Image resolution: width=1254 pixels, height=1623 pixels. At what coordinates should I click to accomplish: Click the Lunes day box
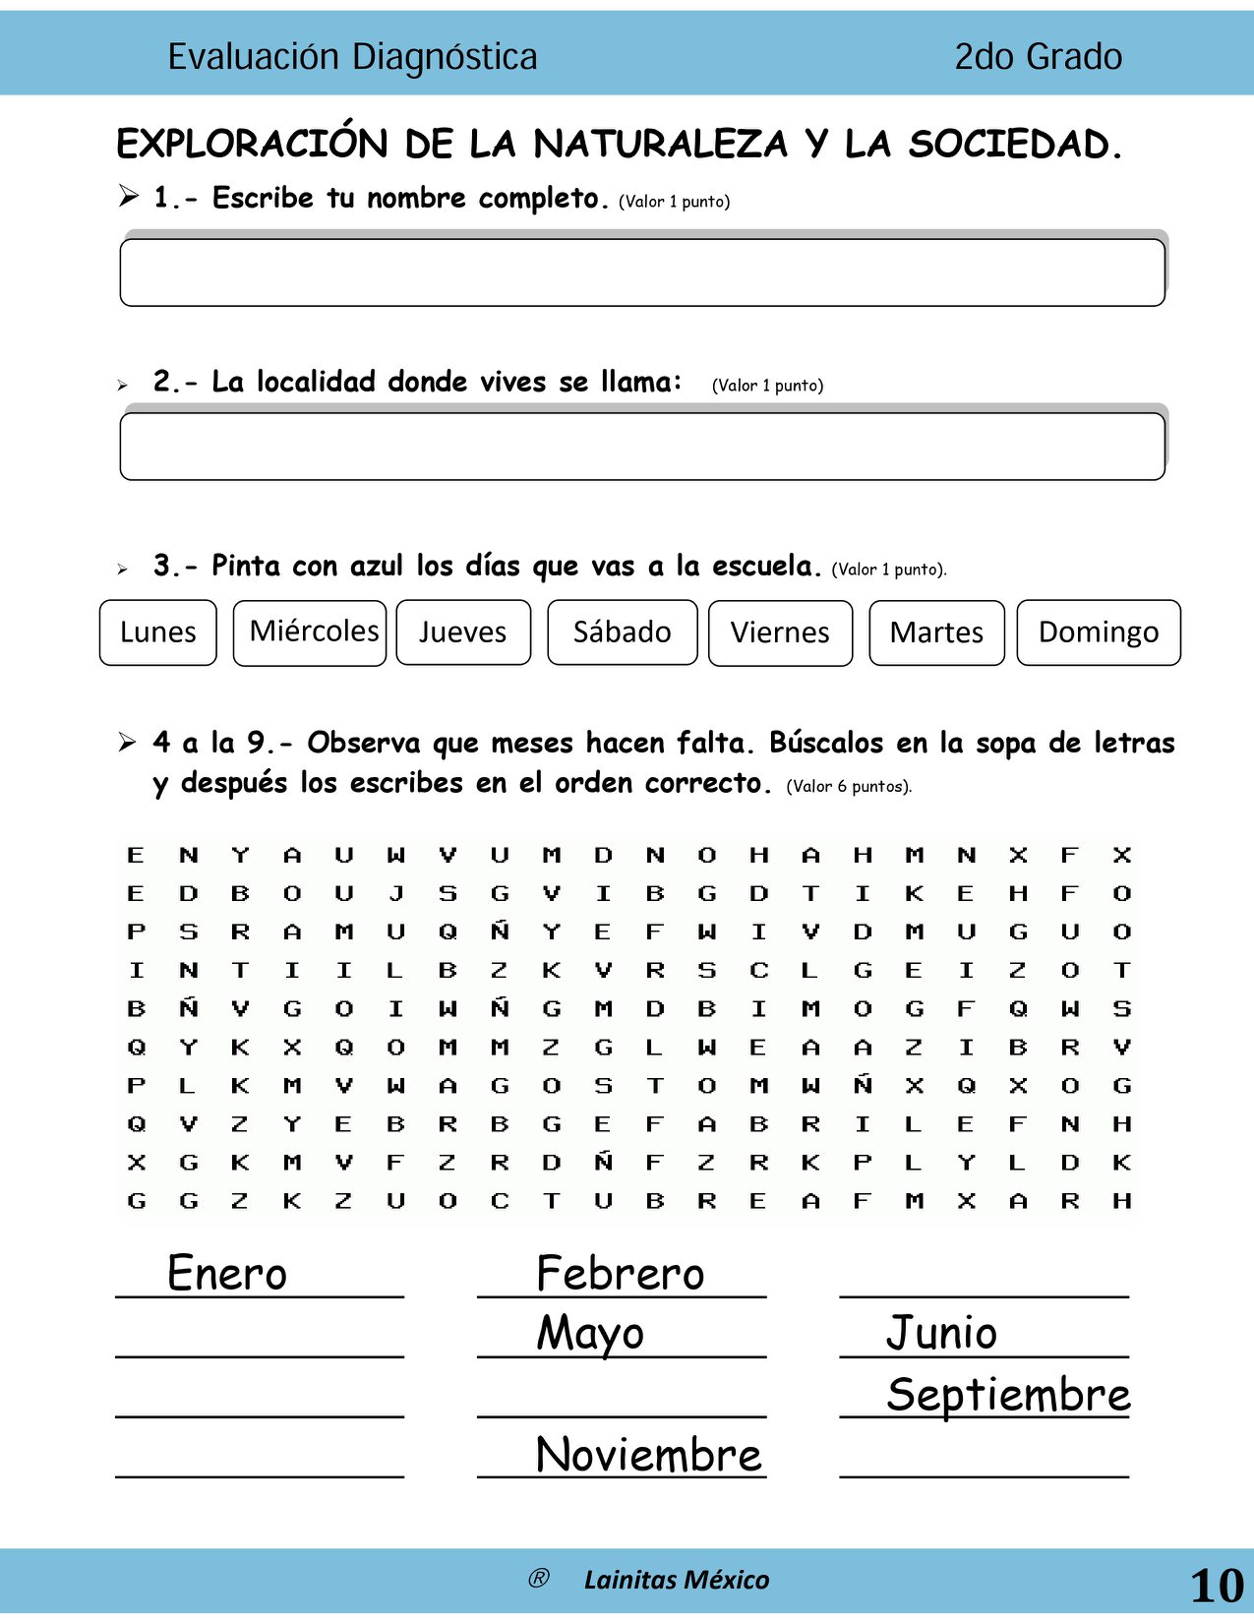click(157, 632)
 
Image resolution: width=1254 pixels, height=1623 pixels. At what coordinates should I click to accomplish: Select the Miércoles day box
click(310, 632)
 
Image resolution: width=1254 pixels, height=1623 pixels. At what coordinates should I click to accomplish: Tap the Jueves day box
click(463, 632)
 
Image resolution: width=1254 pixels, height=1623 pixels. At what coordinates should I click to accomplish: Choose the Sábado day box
click(623, 632)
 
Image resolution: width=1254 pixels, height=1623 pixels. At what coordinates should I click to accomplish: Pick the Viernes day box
click(780, 632)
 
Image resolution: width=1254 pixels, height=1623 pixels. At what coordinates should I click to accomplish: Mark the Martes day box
click(936, 632)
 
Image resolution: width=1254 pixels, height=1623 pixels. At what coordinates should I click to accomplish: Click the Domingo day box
click(1099, 632)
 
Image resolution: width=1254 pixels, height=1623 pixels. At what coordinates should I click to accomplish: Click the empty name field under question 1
click(642, 272)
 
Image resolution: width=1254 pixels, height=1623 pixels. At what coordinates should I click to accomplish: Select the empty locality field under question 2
click(642, 447)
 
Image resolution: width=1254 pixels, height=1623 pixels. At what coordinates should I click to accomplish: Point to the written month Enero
click(227, 1273)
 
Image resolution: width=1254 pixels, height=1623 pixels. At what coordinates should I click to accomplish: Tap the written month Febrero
click(621, 1273)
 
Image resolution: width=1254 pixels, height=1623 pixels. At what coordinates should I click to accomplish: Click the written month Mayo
click(590, 1334)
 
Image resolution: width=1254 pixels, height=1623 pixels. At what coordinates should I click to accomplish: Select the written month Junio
click(941, 1334)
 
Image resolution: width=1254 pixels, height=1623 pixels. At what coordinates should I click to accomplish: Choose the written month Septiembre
click(1008, 1395)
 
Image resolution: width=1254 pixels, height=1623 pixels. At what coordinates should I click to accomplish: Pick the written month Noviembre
click(649, 1455)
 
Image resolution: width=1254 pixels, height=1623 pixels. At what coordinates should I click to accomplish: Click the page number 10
click(1217, 1585)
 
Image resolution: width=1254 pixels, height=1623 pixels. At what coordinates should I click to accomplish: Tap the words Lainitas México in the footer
click(677, 1580)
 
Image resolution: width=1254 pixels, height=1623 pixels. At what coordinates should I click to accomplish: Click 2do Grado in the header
click(1038, 57)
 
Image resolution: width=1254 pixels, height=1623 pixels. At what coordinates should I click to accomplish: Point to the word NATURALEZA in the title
click(660, 145)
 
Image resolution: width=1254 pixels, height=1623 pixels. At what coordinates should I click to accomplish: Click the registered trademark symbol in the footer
click(538, 1579)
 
